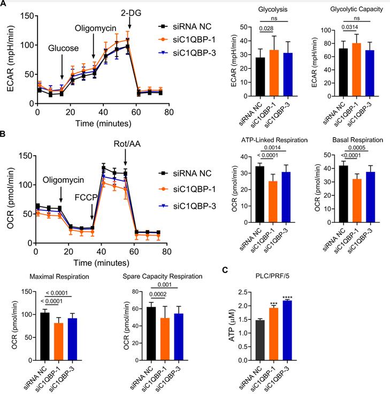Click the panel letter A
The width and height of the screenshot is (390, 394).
pos(4,4)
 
